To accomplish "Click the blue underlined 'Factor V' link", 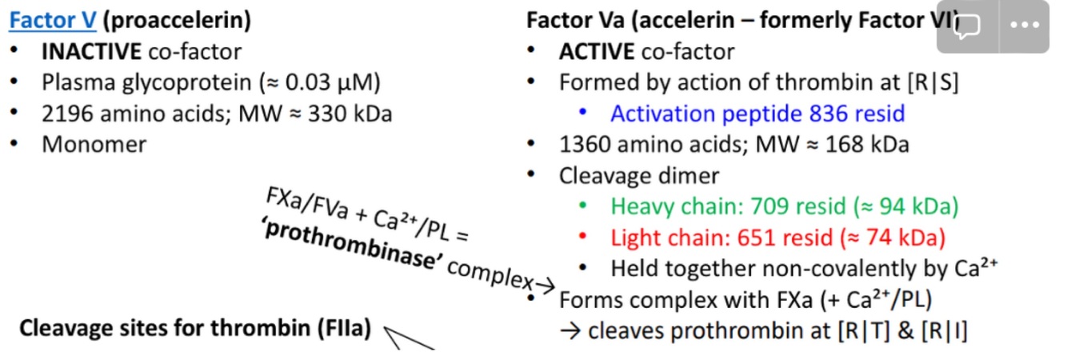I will pos(52,21).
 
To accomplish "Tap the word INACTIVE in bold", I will pos(92,53).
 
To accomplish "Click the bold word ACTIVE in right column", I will pos(597,53).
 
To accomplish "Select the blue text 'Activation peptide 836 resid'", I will pos(757,114).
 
